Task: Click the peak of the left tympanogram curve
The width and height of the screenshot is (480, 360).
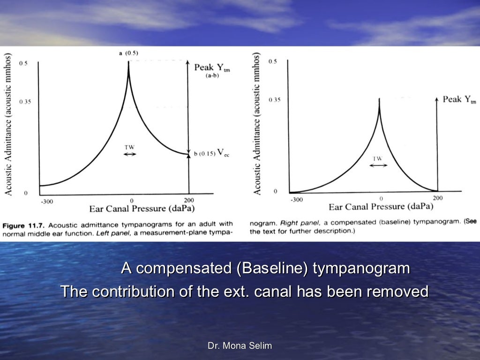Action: coord(128,62)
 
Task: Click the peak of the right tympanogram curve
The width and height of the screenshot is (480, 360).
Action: coord(379,99)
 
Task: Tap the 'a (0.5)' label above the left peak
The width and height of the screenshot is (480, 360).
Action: coord(128,53)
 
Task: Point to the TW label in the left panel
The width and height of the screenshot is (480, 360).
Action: coord(129,147)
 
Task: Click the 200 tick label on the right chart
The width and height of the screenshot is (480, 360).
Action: coord(437,198)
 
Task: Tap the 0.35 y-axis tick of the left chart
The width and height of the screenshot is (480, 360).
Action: coord(25,101)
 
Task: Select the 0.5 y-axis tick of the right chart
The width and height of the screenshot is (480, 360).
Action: coord(272,62)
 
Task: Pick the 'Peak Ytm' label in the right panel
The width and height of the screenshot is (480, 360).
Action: coord(459,100)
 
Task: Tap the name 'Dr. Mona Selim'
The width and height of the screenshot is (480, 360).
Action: coord(240,346)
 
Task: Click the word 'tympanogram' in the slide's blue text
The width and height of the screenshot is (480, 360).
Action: coord(361,269)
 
